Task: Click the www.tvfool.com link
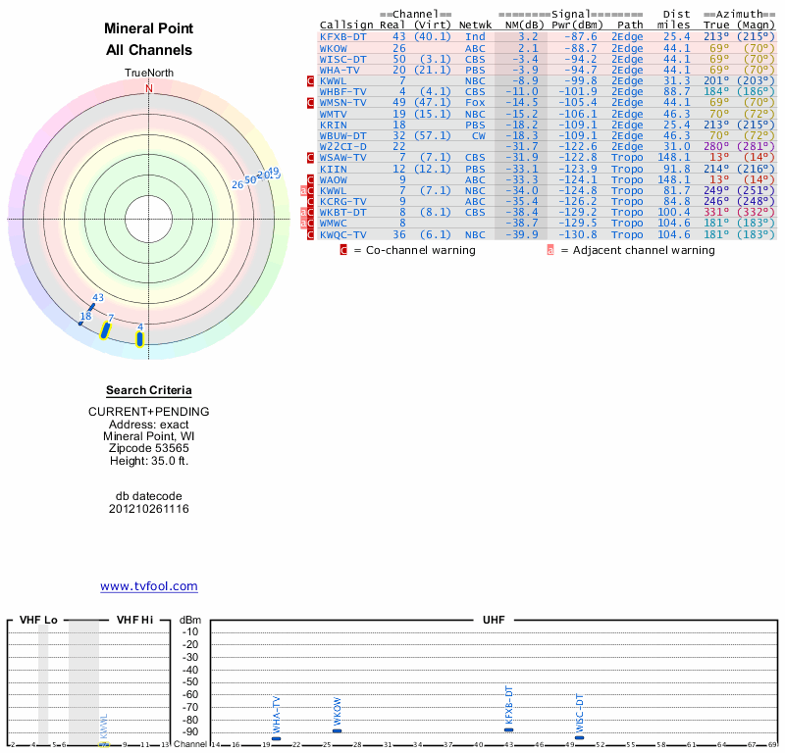149,586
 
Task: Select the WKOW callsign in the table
333,47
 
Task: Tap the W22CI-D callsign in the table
342,146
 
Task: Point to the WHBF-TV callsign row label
342,91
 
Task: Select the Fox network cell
475,102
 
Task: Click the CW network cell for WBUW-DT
478,135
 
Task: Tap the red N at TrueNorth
149,88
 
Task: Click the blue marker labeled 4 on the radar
139,339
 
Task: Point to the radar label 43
97,297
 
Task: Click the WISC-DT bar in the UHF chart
579,737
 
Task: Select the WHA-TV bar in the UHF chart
276,738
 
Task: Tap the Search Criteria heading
149,390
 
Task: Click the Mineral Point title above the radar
149,28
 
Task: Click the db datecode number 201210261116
149,509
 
